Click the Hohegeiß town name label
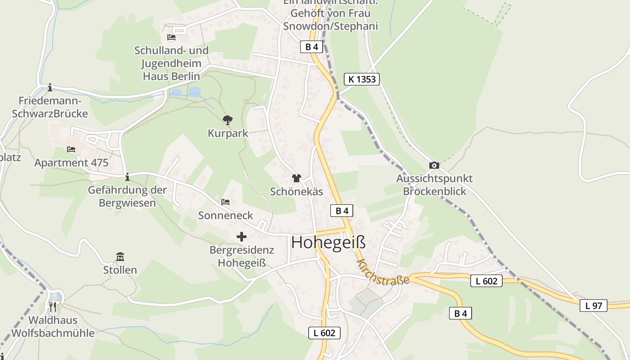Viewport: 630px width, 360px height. pyautogui.click(x=328, y=243)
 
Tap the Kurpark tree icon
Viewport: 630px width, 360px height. pyautogui.click(x=228, y=120)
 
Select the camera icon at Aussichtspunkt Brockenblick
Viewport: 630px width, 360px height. pyautogui.click(x=434, y=165)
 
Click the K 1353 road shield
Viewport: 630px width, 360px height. pyautogui.click(x=362, y=80)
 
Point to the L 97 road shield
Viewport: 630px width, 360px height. pyautogui.click(x=593, y=306)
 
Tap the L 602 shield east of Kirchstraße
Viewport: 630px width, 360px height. pyautogui.click(x=486, y=281)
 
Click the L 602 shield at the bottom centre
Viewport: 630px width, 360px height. pyautogui.click(x=324, y=333)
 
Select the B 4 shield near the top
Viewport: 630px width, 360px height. pyautogui.click(x=311, y=47)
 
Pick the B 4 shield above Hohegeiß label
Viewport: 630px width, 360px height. pyautogui.click(x=342, y=211)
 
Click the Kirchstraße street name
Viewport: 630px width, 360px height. pyautogui.click(x=383, y=272)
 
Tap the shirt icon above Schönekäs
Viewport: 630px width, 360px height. pyautogui.click(x=296, y=178)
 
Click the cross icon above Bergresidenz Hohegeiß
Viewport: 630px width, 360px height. pyautogui.click(x=242, y=236)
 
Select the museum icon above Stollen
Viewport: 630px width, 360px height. pyautogui.click(x=120, y=257)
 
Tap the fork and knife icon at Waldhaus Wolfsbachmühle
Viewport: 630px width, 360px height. pyautogui.click(x=53, y=307)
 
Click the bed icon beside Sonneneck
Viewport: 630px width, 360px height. pyautogui.click(x=225, y=202)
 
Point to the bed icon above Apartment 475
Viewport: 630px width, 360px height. pyautogui.click(x=71, y=149)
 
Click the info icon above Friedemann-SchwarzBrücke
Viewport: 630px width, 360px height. pyautogui.click(x=50, y=87)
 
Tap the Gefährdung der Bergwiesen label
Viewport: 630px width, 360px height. pyautogui.click(x=127, y=196)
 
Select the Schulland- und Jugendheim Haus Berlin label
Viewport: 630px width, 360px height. pyautogui.click(x=171, y=63)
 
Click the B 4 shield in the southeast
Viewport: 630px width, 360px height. pyautogui.click(x=460, y=314)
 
